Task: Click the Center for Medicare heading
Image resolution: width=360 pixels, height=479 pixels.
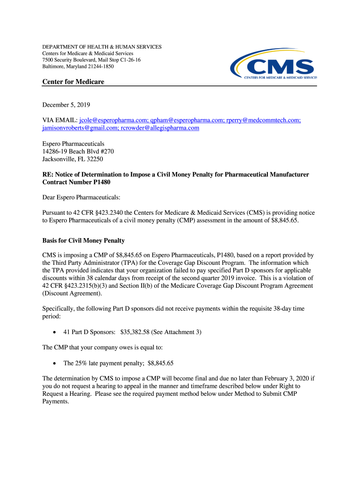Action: coord(73,82)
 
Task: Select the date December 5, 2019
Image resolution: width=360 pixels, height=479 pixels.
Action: coord(66,105)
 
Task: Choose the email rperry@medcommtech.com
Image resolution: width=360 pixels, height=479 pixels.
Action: coord(263,120)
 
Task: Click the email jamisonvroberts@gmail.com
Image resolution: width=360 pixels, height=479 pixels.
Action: coord(79,128)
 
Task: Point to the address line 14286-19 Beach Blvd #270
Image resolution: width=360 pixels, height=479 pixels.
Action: coord(78,152)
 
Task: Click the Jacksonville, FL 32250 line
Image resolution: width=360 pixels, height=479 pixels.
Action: coord(72,159)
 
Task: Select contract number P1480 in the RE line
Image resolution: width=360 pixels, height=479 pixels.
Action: coord(101,182)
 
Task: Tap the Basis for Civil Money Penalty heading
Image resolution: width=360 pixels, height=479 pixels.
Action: coord(83,240)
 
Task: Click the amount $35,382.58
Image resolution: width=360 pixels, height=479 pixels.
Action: coord(135,332)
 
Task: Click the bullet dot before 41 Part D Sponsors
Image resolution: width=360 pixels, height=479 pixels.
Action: coord(55,333)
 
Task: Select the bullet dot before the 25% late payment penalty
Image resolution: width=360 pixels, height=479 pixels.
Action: coord(55,363)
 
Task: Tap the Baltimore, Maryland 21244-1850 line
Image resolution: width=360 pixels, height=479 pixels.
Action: coord(78,66)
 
